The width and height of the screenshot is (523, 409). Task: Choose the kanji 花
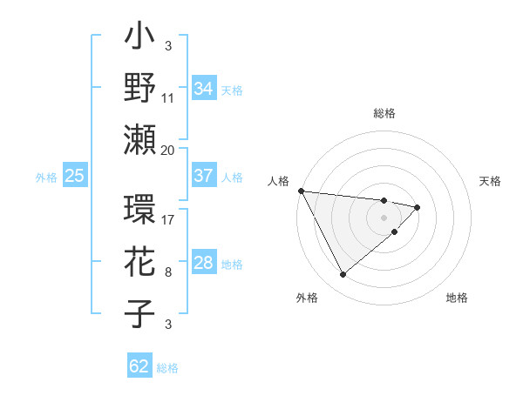point(139,263)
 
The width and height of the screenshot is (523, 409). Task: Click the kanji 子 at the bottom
point(139,312)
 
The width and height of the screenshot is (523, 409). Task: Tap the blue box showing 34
point(203,88)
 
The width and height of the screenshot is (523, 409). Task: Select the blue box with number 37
point(203,176)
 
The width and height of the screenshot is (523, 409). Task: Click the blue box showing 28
point(203,263)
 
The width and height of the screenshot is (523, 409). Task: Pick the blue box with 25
point(74,176)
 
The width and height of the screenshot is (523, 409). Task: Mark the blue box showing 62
point(139,366)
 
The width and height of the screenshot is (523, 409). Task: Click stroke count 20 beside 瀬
point(168,151)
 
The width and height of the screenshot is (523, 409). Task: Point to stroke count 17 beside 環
point(168,219)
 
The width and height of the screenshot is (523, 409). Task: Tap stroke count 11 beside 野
point(168,98)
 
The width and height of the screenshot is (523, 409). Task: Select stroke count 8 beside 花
point(168,272)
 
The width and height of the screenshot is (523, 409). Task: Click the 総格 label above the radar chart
point(384,114)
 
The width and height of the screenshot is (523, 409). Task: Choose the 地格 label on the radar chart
point(457,298)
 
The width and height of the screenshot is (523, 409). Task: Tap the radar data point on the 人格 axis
point(300,190)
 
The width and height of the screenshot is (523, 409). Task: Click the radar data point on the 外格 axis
point(343,275)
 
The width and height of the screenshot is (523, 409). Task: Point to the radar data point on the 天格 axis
point(418,207)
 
